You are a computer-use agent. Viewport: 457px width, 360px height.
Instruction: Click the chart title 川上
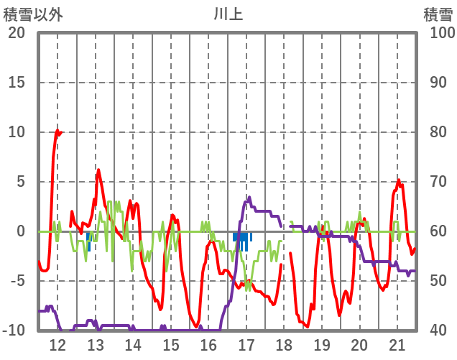(228, 14)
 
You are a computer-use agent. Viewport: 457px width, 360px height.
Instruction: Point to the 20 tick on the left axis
(17, 33)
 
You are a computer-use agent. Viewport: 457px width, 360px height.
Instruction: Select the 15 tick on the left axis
(17, 83)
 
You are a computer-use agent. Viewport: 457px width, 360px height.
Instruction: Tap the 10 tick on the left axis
(17, 132)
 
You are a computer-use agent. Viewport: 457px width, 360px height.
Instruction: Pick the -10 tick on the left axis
(14, 331)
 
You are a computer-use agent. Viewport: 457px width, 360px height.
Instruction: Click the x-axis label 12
(57, 345)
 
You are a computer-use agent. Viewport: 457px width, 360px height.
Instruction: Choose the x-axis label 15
(170, 345)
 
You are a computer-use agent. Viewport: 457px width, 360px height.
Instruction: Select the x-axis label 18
(284, 345)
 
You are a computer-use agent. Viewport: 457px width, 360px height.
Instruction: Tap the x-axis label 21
(397, 345)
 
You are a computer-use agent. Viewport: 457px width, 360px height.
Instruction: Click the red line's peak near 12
(57, 131)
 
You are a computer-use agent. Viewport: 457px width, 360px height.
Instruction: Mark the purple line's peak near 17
(249, 197)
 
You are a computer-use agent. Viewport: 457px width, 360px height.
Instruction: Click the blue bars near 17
(242, 238)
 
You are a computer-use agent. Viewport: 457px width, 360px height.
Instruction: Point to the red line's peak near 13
(98, 170)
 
